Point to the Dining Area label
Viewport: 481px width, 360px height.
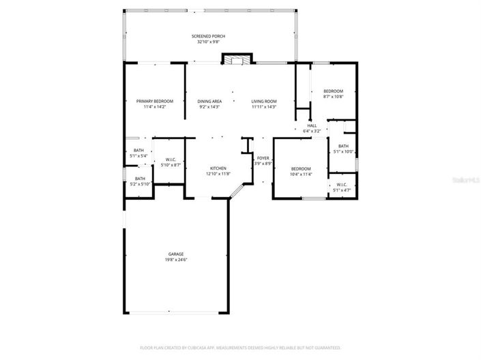(x=209, y=101)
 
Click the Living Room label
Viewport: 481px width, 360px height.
(x=263, y=101)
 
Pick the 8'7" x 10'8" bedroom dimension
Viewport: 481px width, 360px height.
(x=333, y=96)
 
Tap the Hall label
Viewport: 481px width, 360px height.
(x=312, y=125)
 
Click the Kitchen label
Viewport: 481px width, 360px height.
(x=218, y=168)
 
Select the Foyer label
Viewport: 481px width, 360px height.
(x=263, y=158)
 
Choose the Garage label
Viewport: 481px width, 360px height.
(x=176, y=254)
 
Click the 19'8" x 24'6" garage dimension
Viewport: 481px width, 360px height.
(x=176, y=260)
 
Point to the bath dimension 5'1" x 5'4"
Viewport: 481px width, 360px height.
(x=139, y=156)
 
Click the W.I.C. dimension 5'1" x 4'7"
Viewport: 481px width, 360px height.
(x=342, y=190)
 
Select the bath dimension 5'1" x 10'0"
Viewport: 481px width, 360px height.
(x=343, y=151)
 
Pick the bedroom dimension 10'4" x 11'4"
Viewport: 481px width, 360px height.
(x=301, y=175)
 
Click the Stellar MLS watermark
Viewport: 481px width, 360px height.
(x=466, y=180)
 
